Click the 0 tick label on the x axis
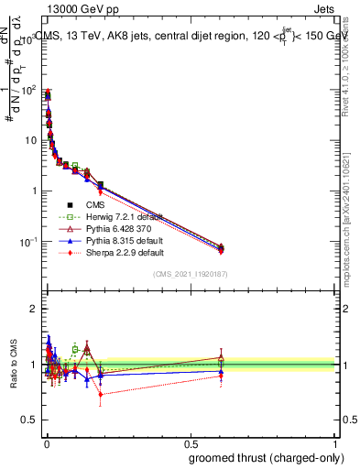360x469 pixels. [45, 443]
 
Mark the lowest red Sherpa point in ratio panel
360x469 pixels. [100, 395]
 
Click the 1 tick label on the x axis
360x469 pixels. [336, 443]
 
